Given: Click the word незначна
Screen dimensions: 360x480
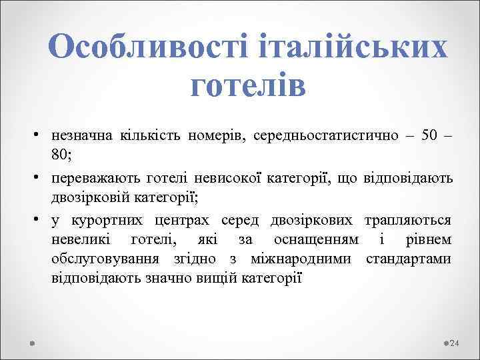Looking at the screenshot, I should [x=81, y=136].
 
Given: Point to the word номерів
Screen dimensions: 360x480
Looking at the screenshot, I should [x=215, y=136].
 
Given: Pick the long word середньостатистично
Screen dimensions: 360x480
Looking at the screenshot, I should [x=323, y=136].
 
